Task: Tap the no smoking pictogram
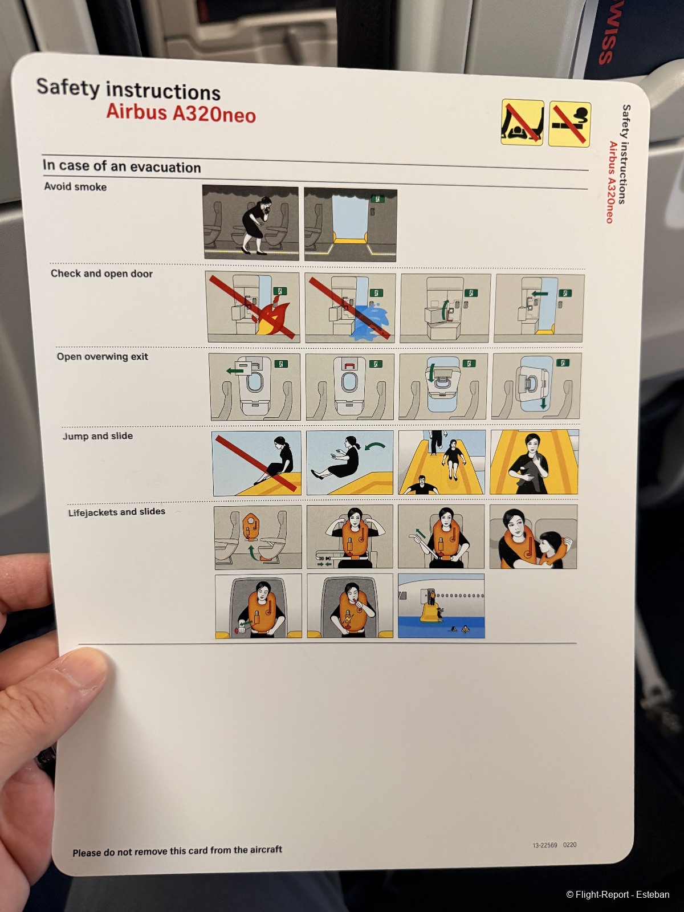click(x=569, y=124)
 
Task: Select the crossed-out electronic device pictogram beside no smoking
click(x=522, y=122)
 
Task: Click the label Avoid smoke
click(x=75, y=186)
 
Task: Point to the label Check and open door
click(x=102, y=274)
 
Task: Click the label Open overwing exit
click(x=102, y=356)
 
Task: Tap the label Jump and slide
click(x=97, y=436)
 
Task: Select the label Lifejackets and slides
click(x=117, y=512)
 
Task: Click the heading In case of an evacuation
click(x=121, y=166)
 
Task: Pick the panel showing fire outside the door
click(x=253, y=307)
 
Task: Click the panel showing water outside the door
click(x=350, y=308)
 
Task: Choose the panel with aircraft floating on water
click(x=441, y=606)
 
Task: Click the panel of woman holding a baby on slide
click(x=534, y=462)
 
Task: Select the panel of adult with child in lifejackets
click(x=534, y=537)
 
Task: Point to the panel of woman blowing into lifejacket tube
click(x=349, y=605)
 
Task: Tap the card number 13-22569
click(x=545, y=845)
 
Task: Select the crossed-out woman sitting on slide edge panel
click(x=257, y=463)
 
